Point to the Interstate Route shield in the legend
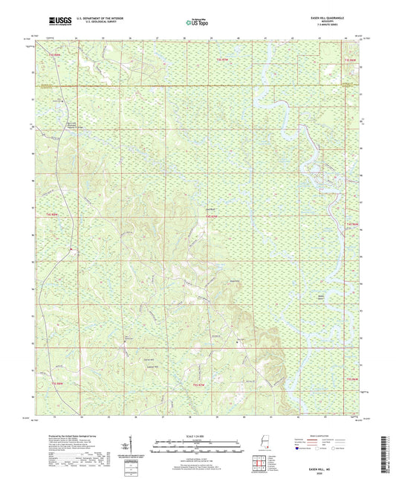pyautogui.click(x=298, y=449)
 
